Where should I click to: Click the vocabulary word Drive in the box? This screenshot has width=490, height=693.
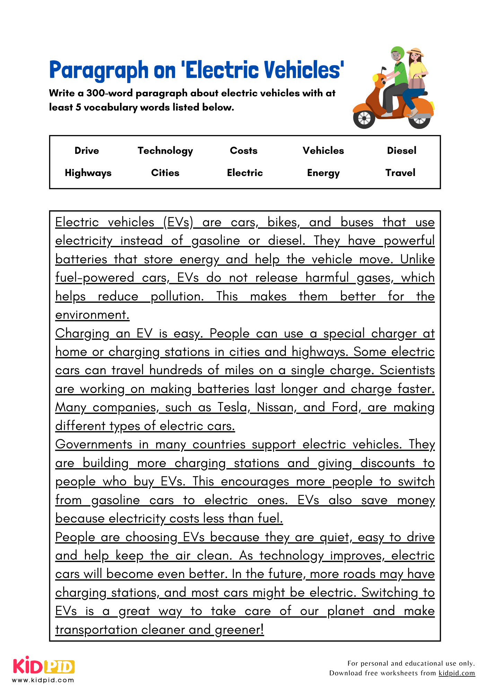click(87, 151)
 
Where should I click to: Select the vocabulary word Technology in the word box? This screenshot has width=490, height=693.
click(165, 151)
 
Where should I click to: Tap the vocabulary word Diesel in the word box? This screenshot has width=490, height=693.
click(401, 151)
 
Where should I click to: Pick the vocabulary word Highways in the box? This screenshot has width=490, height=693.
click(88, 173)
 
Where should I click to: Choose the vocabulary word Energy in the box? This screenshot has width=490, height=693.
click(323, 173)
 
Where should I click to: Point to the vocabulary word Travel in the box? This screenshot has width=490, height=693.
click(400, 173)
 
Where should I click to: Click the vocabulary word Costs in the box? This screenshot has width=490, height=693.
click(244, 151)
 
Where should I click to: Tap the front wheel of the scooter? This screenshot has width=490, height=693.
click(364, 119)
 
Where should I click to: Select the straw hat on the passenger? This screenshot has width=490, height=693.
click(415, 52)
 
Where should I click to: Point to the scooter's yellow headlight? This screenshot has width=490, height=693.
click(375, 78)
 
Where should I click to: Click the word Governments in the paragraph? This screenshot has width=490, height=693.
click(94, 445)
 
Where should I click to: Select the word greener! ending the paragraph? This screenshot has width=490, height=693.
click(239, 630)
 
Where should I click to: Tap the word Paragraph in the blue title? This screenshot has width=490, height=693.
click(99, 70)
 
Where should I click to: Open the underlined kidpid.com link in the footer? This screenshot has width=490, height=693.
click(456, 673)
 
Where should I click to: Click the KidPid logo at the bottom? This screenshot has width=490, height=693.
click(44, 667)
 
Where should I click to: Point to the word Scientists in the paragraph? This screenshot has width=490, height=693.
click(407, 370)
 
